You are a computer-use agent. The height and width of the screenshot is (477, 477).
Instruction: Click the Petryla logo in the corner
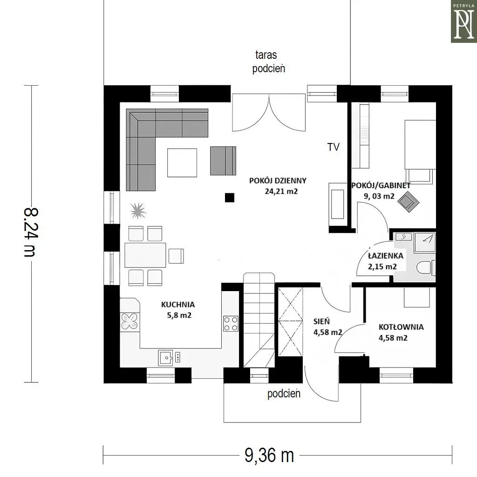tap(463, 21)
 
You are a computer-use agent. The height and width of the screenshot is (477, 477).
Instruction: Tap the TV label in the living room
tap(334, 147)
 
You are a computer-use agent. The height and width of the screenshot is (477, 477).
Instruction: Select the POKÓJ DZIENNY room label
tap(278, 180)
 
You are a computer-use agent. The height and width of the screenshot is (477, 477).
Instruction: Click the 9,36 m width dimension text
tap(269, 456)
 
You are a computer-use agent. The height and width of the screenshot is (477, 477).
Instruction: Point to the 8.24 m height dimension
tap(31, 232)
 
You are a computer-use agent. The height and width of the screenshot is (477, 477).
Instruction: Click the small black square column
tap(230, 198)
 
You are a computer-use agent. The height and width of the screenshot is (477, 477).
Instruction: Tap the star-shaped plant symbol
tap(138, 211)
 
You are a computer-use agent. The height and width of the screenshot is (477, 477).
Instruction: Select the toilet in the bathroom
tap(426, 268)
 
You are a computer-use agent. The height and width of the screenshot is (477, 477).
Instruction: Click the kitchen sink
tap(165, 358)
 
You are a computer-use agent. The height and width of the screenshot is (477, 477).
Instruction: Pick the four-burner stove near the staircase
tap(231, 324)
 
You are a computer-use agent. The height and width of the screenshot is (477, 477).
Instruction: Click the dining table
tap(145, 255)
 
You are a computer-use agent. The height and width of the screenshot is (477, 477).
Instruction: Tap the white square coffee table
tap(182, 163)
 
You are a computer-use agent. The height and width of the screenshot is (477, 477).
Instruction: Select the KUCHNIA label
tap(178, 304)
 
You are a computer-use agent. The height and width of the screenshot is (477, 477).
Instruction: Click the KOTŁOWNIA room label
tap(401, 327)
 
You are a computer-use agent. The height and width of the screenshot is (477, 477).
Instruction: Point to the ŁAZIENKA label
tap(386, 256)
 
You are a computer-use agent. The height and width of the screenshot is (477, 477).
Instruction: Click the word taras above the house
tap(266, 55)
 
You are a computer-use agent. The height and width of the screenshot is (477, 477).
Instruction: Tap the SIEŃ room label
tap(321, 321)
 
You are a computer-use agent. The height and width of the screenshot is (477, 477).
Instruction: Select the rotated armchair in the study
tap(409, 201)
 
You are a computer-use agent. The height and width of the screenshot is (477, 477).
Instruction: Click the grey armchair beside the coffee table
tap(223, 161)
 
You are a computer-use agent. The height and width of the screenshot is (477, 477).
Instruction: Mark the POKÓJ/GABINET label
tap(381, 185)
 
